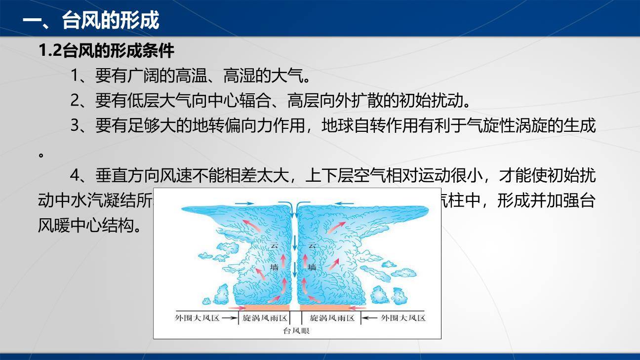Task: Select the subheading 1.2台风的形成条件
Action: pyautogui.click(x=106, y=50)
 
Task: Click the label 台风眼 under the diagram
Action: pyautogui.click(x=296, y=330)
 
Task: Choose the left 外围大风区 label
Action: pyautogui.click(x=197, y=318)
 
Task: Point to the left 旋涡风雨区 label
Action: pyautogui.click(x=265, y=318)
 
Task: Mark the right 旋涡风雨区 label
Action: pyautogui.click(x=332, y=318)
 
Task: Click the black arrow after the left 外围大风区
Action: pyautogui.click(x=230, y=318)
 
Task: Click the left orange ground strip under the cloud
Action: pyautogui.click(x=264, y=307)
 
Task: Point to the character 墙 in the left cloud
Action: pyautogui.click(x=275, y=267)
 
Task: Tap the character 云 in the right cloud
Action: pyautogui.click(x=312, y=245)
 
